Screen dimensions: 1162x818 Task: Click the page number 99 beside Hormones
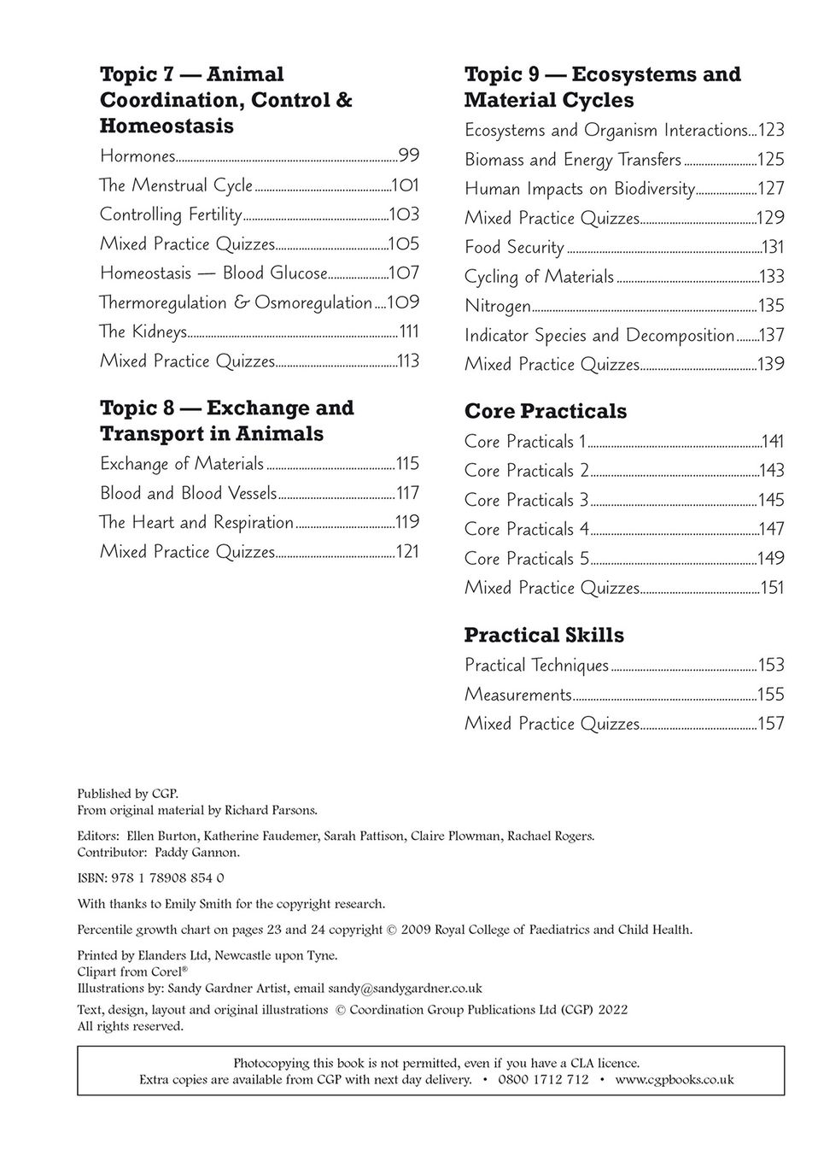pyautogui.click(x=408, y=156)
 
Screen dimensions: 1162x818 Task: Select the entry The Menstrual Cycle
pyautogui.click(x=176, y=185)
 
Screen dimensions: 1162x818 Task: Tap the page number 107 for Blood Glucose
pyautogui.click(x=404, y=273)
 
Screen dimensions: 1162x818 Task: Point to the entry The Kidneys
pyautogui.click(x=143, y=332)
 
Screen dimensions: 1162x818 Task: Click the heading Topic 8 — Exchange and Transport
pyautogui.click(x=226, y=420)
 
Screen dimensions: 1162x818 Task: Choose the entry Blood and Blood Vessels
pyautogui.click(x=188, y=493)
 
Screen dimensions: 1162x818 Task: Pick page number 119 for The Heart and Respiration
pyautogui.click(x=406, y=522)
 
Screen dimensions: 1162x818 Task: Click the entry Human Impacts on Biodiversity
pyautogui.click(x=579, y=189)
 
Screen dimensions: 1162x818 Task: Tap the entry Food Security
pyautogui.click(x=514, y=248)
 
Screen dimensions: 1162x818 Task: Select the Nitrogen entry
pyautogui.click(x=497, y=306)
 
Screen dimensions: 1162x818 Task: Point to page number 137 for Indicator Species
pyautogui.click(x=771, y=335)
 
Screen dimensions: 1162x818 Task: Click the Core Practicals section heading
pyautogui.click(x=545, y=411)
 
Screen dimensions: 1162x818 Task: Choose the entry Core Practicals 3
pyautogui.click(x=526, y=500)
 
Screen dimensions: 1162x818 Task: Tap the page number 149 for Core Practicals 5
pyautogui.click(x=771, y=559)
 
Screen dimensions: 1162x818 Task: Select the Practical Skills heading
pyautogui.click(x=544, y=635)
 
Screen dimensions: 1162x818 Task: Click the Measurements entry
pyautogui.click(x=517, y=695)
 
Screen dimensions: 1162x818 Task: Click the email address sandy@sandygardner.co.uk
pyautogui.click(x=405, y=989)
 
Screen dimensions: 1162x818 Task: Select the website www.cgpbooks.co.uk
pyautogui.click(x=674, y=1080)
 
